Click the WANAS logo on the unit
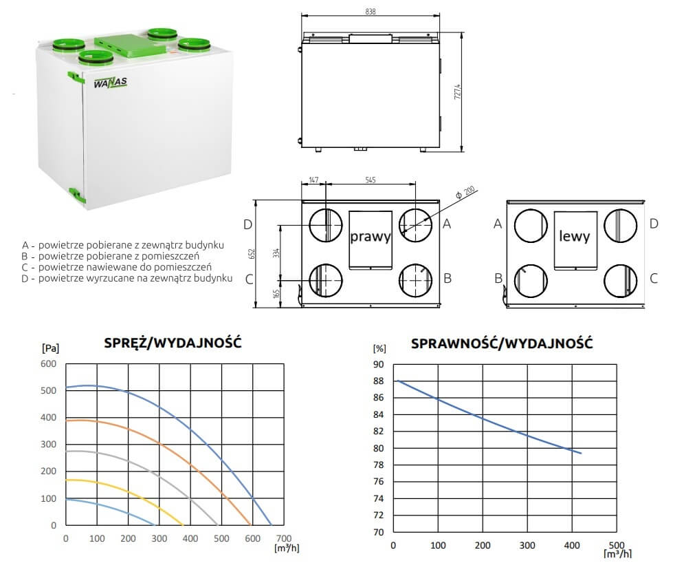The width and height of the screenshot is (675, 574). click(110, 83)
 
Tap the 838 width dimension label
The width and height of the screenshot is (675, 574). click(370, 12)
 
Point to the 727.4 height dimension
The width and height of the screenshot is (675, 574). click(458, 92)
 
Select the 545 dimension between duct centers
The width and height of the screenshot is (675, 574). click(370, 180)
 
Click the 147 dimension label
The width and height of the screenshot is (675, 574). click(314, 180)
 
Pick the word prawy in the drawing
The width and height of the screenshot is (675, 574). click(370, 237)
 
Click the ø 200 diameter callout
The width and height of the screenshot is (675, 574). click(465, 192)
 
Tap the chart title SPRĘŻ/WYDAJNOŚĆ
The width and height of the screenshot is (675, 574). click(173, 343)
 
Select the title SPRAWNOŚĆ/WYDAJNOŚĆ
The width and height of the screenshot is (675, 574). click(502, 343)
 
